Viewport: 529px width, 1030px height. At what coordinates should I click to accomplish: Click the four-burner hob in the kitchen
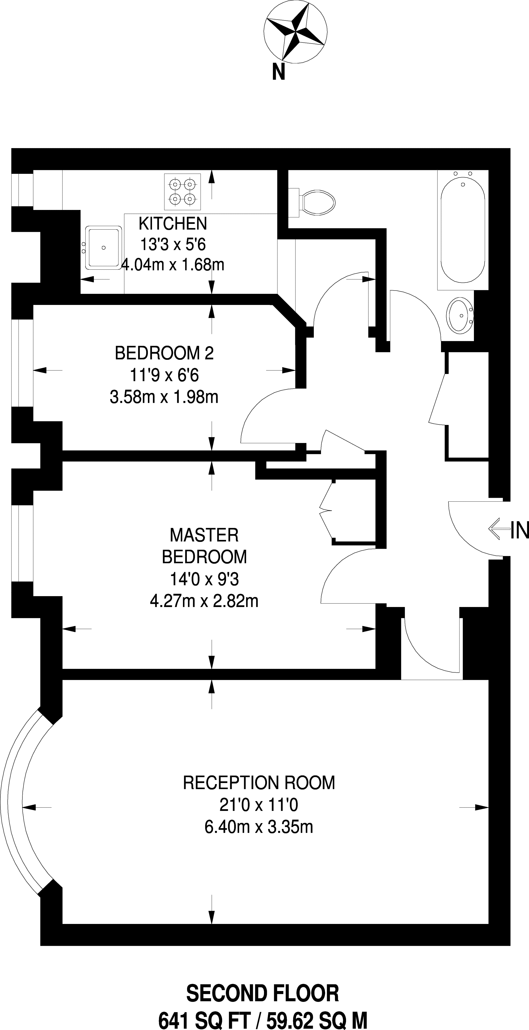[182, 191]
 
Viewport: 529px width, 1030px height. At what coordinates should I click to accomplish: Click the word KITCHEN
[173, 223]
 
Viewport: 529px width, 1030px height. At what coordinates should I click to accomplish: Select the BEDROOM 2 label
[164, 353]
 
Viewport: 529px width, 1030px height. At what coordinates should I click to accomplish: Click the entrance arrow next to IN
[499, 529]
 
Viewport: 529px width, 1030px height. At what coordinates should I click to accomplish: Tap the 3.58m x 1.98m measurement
[164, 397]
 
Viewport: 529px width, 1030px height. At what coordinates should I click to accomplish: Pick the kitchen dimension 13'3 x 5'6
[173, 244]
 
